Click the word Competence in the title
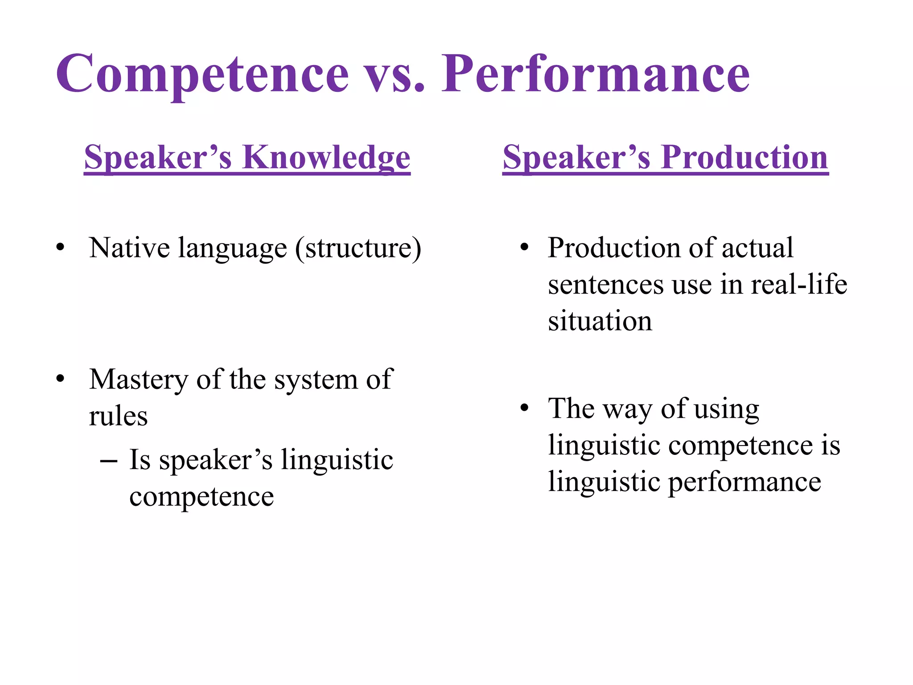pos(202,74)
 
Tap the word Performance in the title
pos(596,74)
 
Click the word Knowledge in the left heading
pos(326,158)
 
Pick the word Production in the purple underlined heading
pos(744,158)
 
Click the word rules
pos(118,417)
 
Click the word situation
pos(600,321)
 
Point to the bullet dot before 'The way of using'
pos(524,408)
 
